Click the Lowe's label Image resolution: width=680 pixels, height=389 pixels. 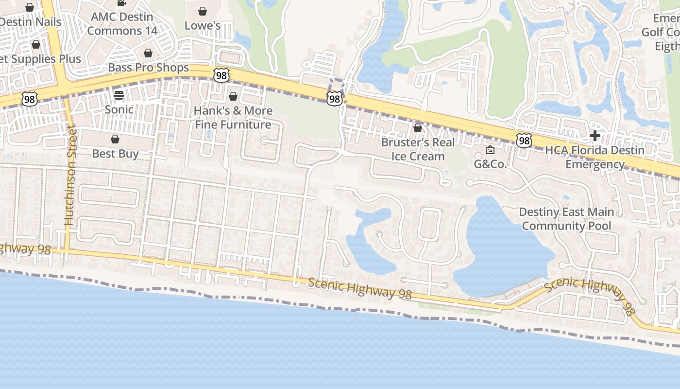203,25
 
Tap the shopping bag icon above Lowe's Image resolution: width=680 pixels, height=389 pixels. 203,11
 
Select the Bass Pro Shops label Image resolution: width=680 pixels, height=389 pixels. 148,68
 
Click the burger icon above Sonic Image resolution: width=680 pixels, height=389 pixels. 119,95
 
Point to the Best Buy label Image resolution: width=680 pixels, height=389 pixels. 116,154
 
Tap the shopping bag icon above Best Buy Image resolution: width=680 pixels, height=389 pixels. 115,140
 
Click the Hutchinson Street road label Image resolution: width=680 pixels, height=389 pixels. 71,175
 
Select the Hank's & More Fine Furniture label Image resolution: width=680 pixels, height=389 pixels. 233,118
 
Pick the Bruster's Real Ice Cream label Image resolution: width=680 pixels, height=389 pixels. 418,149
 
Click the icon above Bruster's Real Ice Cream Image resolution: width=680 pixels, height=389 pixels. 418,128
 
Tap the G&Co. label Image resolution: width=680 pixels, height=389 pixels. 490,164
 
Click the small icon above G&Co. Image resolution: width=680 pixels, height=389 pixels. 490,150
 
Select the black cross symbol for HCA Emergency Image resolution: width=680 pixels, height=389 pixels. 595,136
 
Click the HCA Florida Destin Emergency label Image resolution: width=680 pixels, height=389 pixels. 595,157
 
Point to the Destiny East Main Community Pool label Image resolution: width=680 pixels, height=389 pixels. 566,219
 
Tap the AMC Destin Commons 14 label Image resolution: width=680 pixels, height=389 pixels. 122,24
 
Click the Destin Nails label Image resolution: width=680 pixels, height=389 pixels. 30,22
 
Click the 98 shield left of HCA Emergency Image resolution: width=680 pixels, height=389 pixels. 524,141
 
